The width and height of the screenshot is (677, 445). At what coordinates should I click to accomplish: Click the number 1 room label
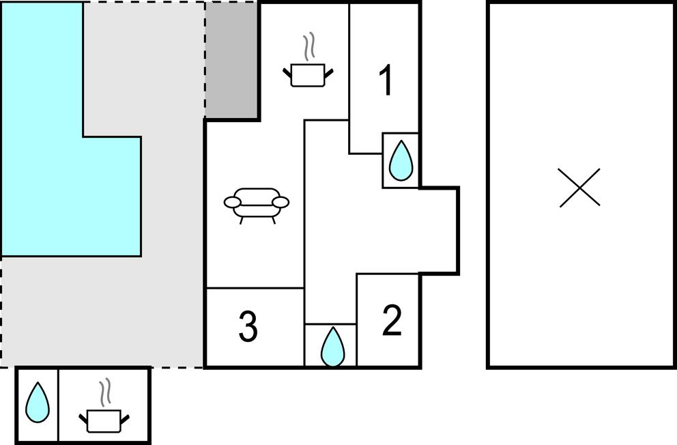coord(386,81)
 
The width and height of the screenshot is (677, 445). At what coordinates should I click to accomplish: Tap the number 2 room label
coord(392,321)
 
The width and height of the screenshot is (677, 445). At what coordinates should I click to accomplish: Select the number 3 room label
coord(248,327)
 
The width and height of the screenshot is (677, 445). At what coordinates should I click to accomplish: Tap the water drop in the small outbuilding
coord(38,403)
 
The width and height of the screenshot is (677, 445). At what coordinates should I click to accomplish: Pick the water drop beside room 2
coord(332,346)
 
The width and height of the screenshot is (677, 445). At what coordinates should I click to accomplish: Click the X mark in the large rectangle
coord(579,187)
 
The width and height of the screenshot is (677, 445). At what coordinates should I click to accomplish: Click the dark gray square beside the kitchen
coord(231,60)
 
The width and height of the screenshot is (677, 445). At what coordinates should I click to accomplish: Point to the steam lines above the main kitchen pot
coord(311,46)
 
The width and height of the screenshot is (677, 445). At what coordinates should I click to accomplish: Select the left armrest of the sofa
coord(232,202)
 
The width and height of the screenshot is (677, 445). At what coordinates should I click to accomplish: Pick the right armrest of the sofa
coord(281,202)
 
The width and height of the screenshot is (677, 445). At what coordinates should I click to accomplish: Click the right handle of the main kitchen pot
coord(330,72)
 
